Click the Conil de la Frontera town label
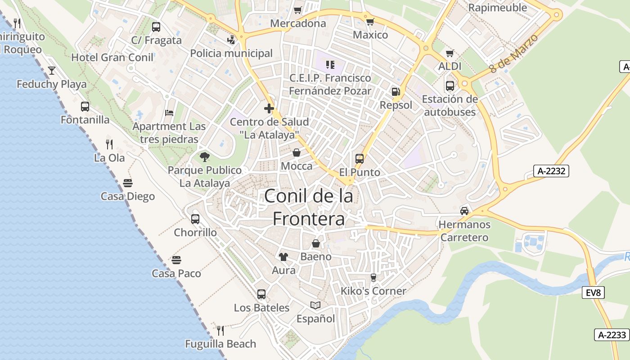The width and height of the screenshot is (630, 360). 309,207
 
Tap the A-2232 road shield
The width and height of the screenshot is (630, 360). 551,171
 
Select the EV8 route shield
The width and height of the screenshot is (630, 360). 593,293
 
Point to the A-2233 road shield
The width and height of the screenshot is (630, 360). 612,335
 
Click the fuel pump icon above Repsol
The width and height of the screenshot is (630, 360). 396,91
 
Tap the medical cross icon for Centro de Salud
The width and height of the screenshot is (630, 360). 269,108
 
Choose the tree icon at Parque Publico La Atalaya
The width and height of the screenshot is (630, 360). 205,157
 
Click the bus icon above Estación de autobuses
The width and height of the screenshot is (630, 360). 450,85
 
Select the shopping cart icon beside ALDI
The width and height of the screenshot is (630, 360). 450,54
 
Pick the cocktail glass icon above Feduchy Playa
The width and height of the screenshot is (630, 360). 52,70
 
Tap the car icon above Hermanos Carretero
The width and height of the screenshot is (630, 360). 464,211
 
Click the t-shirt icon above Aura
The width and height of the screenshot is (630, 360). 283,256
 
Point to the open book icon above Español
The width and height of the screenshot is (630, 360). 315,305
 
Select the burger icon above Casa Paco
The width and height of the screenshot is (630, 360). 176,260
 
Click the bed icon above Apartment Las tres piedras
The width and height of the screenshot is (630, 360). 169,112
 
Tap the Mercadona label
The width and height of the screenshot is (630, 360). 298,23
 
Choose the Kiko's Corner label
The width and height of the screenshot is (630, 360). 373,291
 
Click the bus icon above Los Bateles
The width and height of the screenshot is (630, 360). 261,294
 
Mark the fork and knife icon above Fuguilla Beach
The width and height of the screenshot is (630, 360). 220,331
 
